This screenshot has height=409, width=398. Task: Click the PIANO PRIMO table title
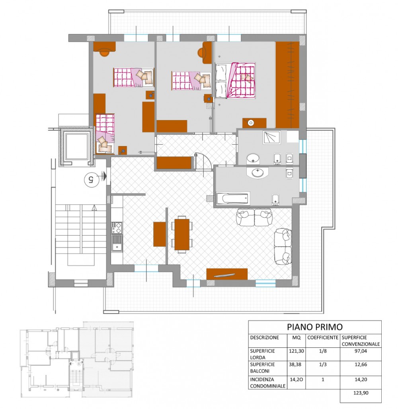(x=314, y=327)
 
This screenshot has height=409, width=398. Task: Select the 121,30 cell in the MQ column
(x=296, y=351)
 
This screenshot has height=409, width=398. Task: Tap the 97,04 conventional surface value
(x=361, y=351)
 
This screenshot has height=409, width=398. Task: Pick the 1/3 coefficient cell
(x=323, y=364)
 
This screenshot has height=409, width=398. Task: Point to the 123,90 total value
(x=361, y=393)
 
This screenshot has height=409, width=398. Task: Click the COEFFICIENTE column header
(x=323, y=337)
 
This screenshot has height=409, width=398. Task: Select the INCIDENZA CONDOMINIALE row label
(x=267, y=383)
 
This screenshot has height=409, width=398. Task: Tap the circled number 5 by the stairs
(x=92, y=179)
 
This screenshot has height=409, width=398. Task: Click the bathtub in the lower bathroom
(x=232, y=199)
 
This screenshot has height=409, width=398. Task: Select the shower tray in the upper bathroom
(x=272, y=137)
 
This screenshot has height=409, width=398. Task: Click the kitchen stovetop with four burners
(x=117, y=228)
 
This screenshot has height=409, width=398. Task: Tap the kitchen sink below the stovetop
(x=117, y=243)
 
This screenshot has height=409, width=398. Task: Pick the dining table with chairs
(x=182, y=234)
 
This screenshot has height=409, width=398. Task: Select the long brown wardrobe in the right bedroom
(x=287, y=85)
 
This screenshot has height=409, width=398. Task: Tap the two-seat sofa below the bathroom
(x=254, y=217)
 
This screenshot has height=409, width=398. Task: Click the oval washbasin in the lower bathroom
(x=258, y=172)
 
